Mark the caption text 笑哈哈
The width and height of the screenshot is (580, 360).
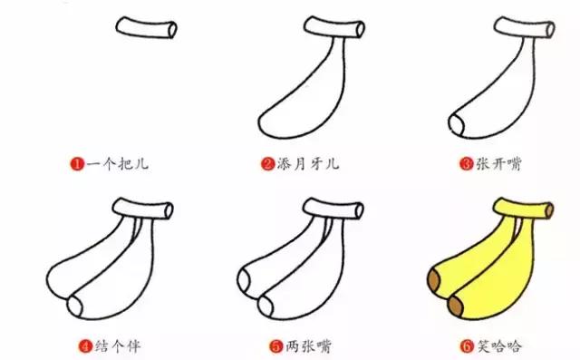497,345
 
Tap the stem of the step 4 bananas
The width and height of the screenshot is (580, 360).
145,210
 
